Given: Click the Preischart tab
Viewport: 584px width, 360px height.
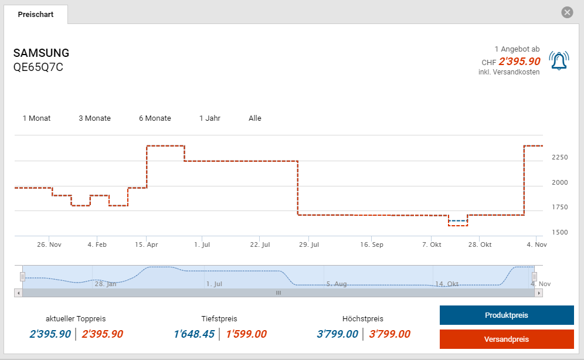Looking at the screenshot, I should click(35, 14).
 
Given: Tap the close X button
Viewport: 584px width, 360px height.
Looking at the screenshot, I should click(566, 12).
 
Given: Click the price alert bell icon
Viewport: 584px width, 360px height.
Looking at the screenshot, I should click(559, 60).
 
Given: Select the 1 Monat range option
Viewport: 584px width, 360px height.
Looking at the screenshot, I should click(36, 118).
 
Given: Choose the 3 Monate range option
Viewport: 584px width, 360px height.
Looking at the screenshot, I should click(94, 118).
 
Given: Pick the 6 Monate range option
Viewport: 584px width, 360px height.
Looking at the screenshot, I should click(155, 118).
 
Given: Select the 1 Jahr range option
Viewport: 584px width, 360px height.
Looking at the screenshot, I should click(209, 118).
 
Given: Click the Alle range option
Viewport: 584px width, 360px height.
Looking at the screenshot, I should click(255, 118).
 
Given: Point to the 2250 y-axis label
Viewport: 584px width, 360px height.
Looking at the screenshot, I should click(559, 157).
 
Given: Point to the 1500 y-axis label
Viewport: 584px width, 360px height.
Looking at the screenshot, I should click(559, 233).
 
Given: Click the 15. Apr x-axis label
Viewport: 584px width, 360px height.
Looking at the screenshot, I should click(147, 244).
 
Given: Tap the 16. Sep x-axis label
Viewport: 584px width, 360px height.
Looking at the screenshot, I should click(372, 244).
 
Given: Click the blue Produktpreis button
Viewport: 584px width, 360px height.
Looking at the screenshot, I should click(507, 315).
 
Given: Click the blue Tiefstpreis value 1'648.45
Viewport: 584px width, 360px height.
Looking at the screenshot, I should click(193, 334).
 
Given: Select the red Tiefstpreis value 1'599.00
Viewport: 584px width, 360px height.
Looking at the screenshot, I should click(246, 334).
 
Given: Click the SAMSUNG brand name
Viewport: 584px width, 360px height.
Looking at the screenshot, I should click(41, 53).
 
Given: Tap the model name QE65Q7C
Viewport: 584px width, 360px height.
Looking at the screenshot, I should click(38, 67).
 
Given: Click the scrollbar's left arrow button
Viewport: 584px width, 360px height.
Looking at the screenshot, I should click(18, 293).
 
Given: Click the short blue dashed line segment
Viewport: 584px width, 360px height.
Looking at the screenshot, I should click(458, 220).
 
